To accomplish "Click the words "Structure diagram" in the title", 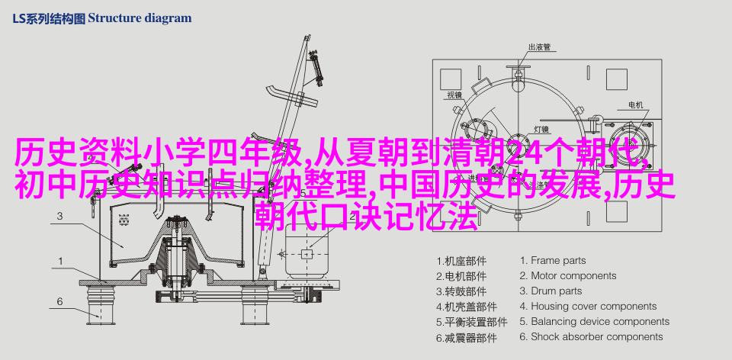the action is pyautogui.click(x=140, y=18).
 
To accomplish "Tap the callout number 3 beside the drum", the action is pyautogui.click(x=60, y=216).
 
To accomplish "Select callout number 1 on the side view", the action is pyautogui.click(x=60, y=262).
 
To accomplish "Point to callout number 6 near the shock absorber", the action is pyautogui.click(x=59, y=301).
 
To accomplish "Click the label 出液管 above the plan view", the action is pyautogui.click(x=539, y=47).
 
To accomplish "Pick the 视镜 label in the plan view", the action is pyautogui.click(x=454, y=95).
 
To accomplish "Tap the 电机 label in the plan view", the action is pyautogui.click(x=635, y=105).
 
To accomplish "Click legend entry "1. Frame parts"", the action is pyautogui.click(x=553, y=261).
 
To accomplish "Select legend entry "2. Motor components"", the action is pyautogui.click(x=568, y=276).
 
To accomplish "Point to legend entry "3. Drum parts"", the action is pyautogui.click(x=551, y=291).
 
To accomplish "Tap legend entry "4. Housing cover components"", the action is pyautogui.click(x=588, y=307).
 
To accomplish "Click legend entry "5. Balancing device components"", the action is pyautogui.click(x=595, y=322).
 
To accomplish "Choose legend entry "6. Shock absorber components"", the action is pyautogui.click(x=592, y=336).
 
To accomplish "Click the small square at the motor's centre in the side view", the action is pyautogui.click(x=307, y=253).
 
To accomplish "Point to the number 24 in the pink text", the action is pyautogui.click(x=521, y=153).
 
